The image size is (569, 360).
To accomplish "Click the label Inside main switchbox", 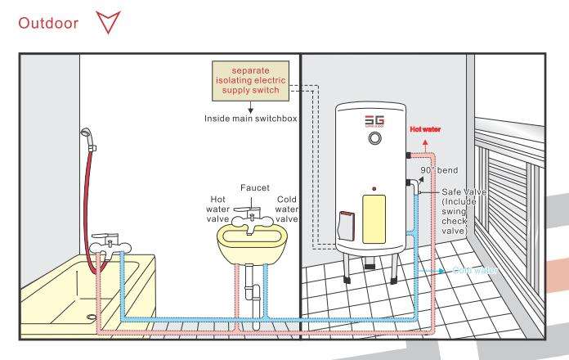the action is point(250,118).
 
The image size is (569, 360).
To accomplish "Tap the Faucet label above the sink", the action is point(254,187).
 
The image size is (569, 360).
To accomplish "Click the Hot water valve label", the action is point(218,209).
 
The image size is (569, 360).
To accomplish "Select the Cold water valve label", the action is point(287,209).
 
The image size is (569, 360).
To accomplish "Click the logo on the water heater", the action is point(374,120).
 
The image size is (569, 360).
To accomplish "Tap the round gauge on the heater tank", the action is point(374,140).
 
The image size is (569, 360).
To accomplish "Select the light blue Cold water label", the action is point(473,269).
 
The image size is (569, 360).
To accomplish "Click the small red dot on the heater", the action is point(374,187).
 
